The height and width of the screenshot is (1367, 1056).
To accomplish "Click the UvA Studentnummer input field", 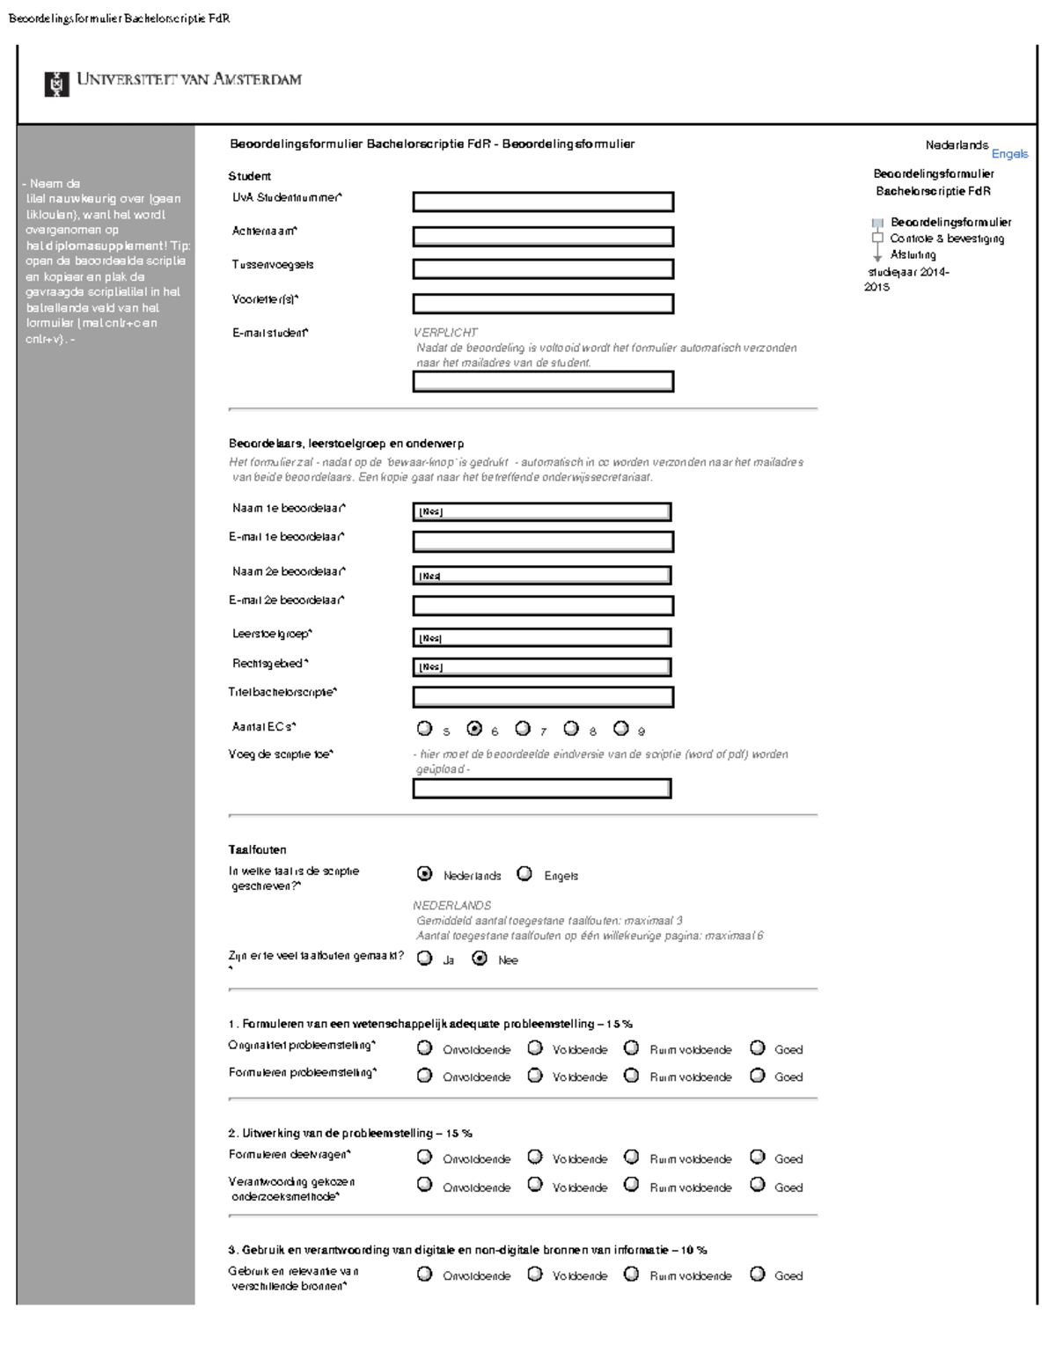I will tap(543, 202).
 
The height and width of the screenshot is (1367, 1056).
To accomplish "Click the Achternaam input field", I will tap(543, 237).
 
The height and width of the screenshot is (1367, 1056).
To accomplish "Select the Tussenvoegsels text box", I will tap(543, 269).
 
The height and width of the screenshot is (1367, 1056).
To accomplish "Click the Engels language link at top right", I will tap(1009, 154).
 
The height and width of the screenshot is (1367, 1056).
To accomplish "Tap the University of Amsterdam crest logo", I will tap(56, 84).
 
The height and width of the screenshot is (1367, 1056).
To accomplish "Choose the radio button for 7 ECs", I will tap(523, 729).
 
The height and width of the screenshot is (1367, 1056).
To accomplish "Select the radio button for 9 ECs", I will tap(621, 729).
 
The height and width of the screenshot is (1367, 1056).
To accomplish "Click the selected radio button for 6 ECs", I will tap(474, 729).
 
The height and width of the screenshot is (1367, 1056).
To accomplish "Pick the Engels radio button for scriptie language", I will tap(525, 874).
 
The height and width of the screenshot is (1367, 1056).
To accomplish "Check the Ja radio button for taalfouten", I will tap(425, 959).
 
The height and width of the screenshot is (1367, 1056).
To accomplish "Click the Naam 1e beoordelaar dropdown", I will tap(542, 512).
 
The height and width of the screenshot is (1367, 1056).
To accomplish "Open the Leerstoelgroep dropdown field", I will tap(542, 638).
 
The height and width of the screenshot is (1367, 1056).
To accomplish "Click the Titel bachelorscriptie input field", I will tap(543, 697).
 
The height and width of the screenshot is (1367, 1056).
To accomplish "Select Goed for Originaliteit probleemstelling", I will tap(758, 1048).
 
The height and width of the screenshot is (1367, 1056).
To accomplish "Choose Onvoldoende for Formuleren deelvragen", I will tap(425, 1158).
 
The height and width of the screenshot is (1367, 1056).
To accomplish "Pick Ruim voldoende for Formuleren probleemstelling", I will tap(631, 1076).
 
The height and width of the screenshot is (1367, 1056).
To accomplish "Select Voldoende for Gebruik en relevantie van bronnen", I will tap(535, 1274).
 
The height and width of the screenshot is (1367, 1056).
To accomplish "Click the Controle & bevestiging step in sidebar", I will tap(946, 239).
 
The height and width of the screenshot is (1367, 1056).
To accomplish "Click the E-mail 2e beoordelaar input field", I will tap(543, 606).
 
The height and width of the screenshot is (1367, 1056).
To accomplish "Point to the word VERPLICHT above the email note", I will tap(446, 333).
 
